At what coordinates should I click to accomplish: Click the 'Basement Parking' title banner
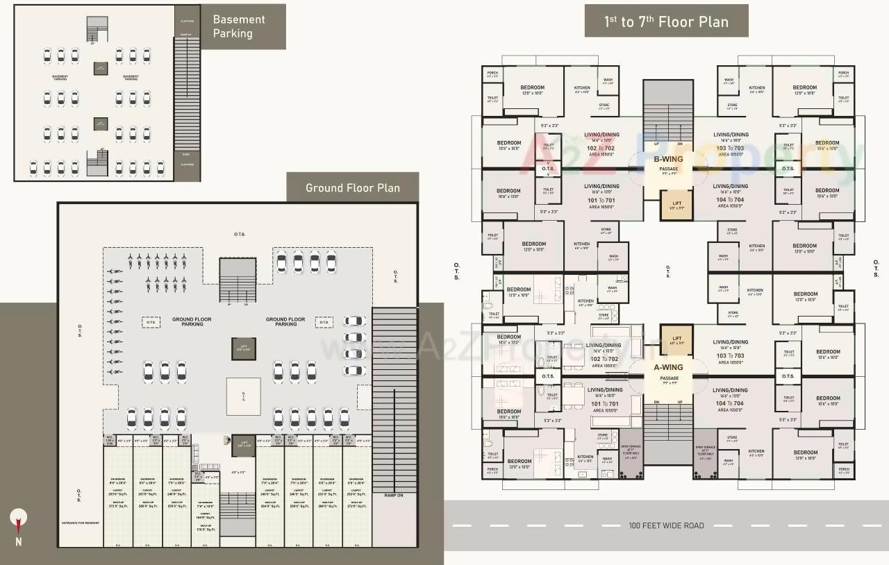pos(239,26)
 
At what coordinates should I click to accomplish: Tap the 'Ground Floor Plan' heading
pos(353,187)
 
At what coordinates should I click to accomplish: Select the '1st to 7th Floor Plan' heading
pos(666,22)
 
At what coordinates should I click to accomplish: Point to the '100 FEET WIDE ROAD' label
pos(666,525)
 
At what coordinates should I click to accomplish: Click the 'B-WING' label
pos(668,159)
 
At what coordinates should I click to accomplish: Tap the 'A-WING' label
pos(668,367)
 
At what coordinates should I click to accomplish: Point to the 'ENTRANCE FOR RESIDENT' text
pos(79,523)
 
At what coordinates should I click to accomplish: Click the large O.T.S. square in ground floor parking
pos(244,396)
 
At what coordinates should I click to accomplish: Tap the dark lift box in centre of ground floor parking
pos(244,348)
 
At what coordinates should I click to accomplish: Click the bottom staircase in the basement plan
pos(97,164)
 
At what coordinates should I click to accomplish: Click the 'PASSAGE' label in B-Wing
pos(668,169)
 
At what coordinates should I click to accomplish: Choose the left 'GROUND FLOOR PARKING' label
pos(192,322)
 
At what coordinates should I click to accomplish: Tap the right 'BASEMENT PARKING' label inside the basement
pos(131,78)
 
